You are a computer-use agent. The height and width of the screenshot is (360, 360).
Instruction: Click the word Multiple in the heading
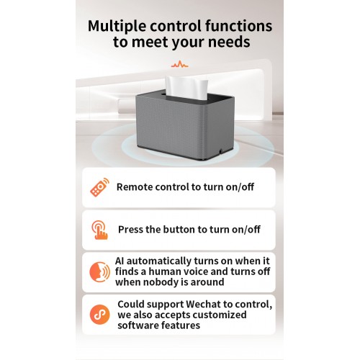point(117,27)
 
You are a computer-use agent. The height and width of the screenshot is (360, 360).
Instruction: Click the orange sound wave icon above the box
point(180,64)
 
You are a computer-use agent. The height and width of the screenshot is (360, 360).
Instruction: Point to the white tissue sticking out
point(186,87)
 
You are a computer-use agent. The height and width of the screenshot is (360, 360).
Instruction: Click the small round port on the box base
point(220,151)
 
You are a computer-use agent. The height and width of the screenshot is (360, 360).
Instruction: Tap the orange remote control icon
point(99,187)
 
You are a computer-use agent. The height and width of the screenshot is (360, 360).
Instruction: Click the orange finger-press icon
point(99,230)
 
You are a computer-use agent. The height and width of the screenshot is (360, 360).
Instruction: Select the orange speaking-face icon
point(99,272)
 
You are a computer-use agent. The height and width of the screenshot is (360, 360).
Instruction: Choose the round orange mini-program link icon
point(99,315)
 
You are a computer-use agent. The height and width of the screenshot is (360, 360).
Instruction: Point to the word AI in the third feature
point(120,261)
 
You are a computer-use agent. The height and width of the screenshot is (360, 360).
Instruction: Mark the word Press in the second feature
point(130,230)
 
